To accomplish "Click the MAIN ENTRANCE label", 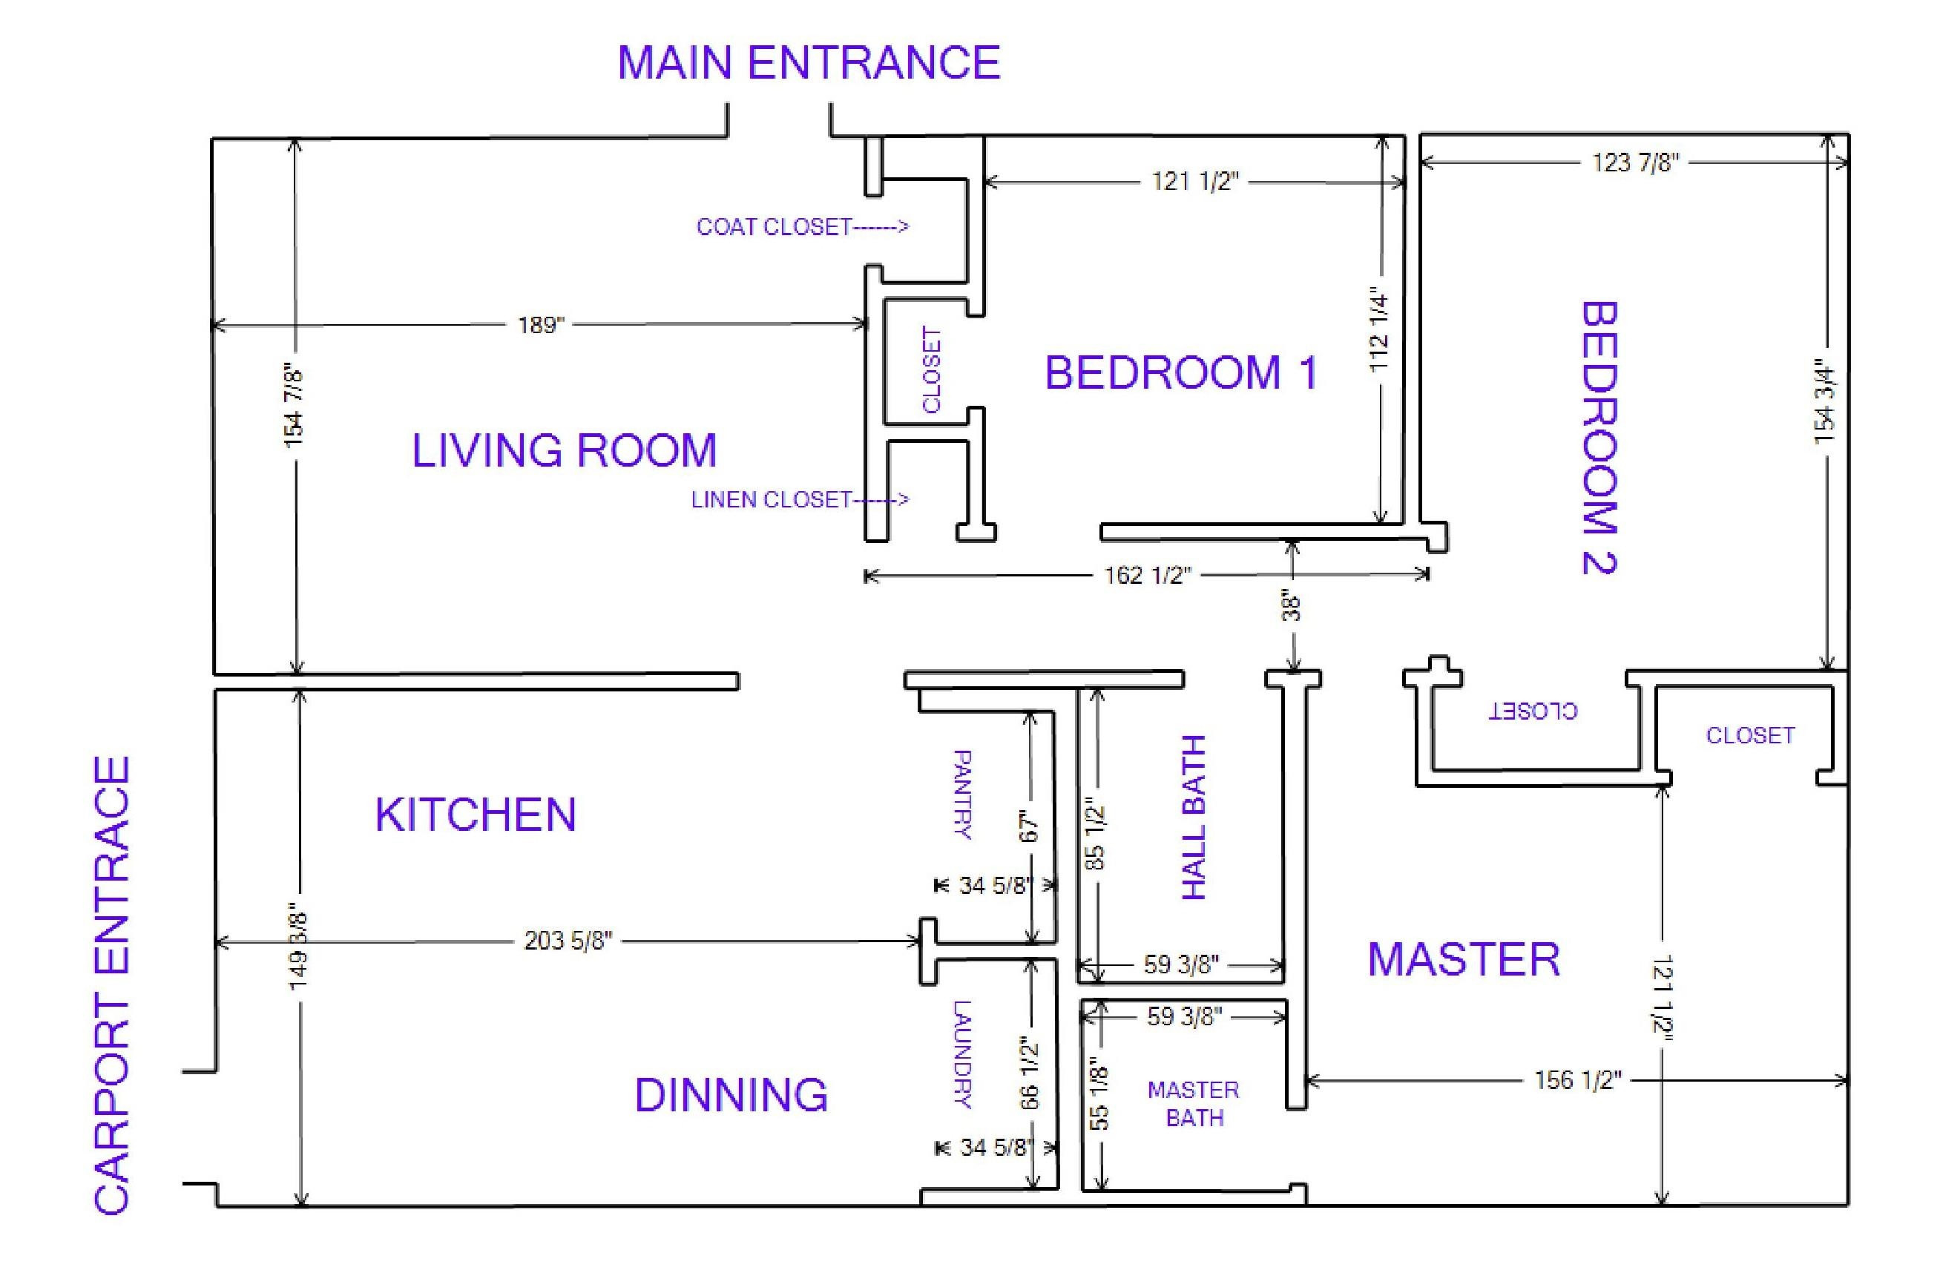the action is coord(809,63).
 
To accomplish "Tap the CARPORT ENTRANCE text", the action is coord(113,986).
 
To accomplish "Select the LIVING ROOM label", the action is coord(564,450).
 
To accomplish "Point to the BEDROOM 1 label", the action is coord(1181,372).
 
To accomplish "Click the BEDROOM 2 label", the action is coord(1599,438).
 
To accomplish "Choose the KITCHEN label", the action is coord(476,815).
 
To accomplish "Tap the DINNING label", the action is coord(731,1095).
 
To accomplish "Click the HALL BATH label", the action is coord(1194,817).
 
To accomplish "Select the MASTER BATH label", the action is coord(1194,1104).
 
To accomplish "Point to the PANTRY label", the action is coord(962,795).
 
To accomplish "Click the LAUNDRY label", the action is coord(962,1054).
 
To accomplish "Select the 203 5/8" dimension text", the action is coord(568,941).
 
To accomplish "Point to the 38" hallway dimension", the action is coord(1291,605).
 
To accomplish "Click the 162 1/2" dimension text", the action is coord(1148,576).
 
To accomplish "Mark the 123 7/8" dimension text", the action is coord(1636,163).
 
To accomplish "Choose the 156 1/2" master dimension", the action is coord(1578,1080).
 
